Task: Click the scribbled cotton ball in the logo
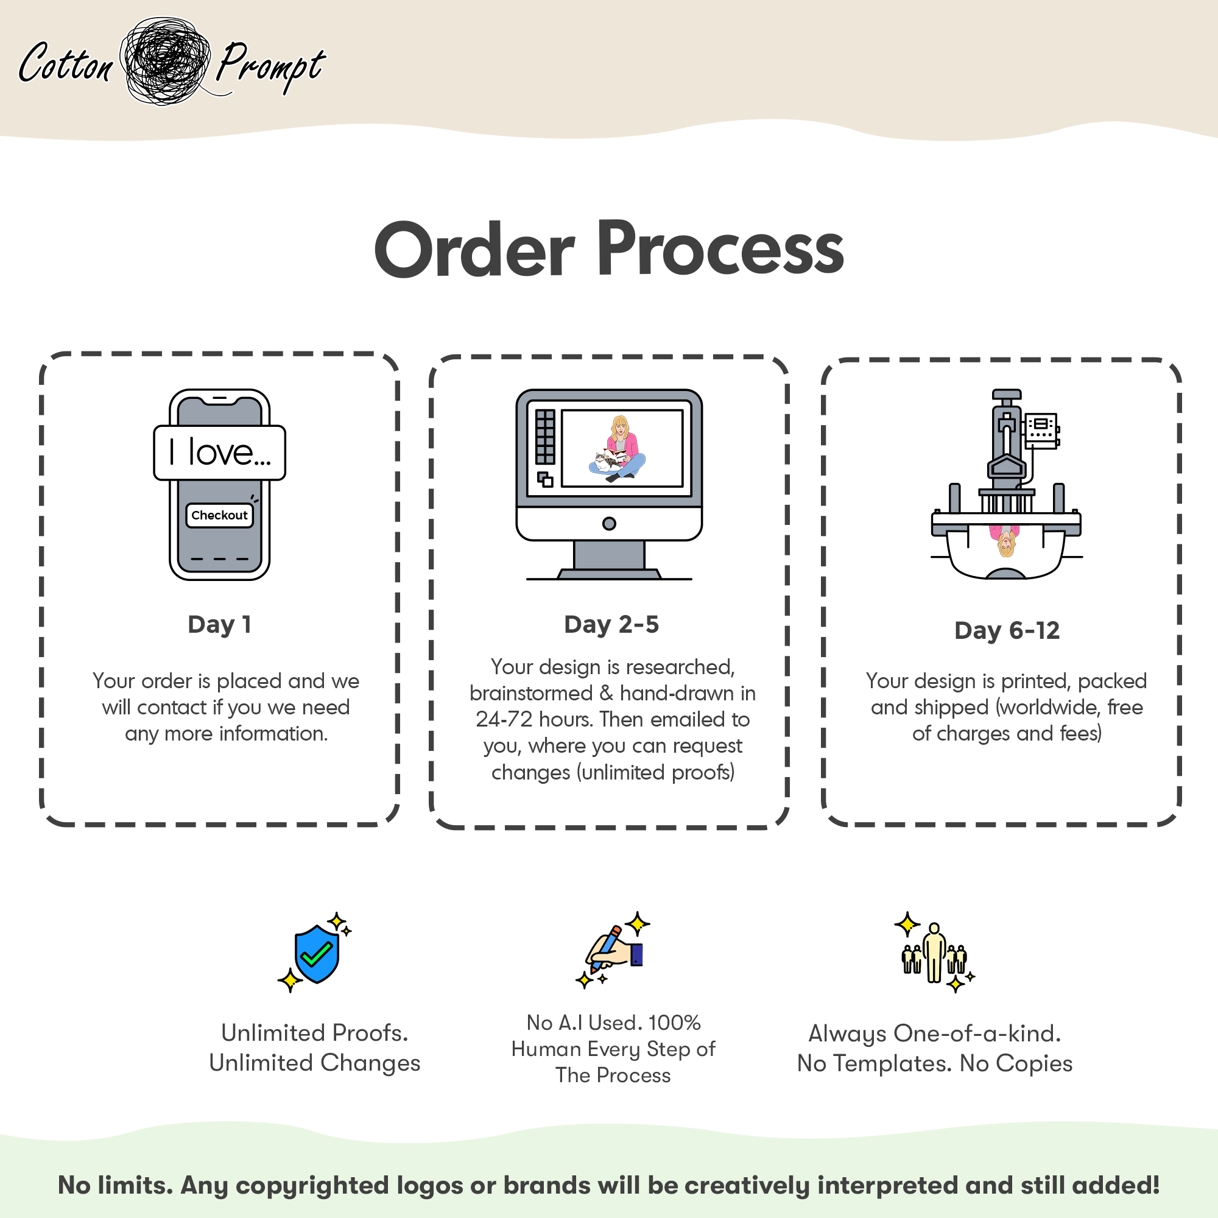point(166,60)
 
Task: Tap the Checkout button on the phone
point(219,515)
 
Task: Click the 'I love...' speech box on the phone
point(219,452)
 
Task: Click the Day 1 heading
point(219,624)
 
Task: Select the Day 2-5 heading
point(611,624)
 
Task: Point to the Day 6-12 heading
point(1007,630)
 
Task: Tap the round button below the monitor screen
point(609,523)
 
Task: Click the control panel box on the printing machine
point(1041,430)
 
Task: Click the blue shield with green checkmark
point(317,954)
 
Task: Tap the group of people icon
point(934,953)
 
